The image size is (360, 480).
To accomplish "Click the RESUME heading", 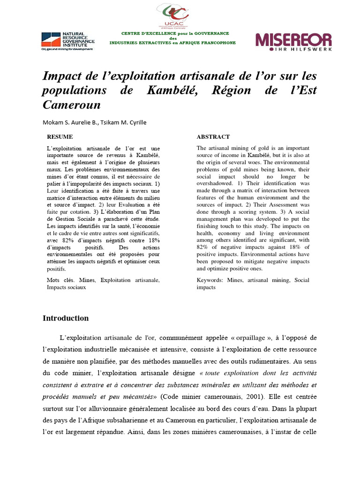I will (60, 137).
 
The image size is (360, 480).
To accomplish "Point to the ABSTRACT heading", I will (213, 137).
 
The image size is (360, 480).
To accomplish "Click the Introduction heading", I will (66, 318).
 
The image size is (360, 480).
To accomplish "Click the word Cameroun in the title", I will (72, 105).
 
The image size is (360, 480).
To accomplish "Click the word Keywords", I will (210, 280).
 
